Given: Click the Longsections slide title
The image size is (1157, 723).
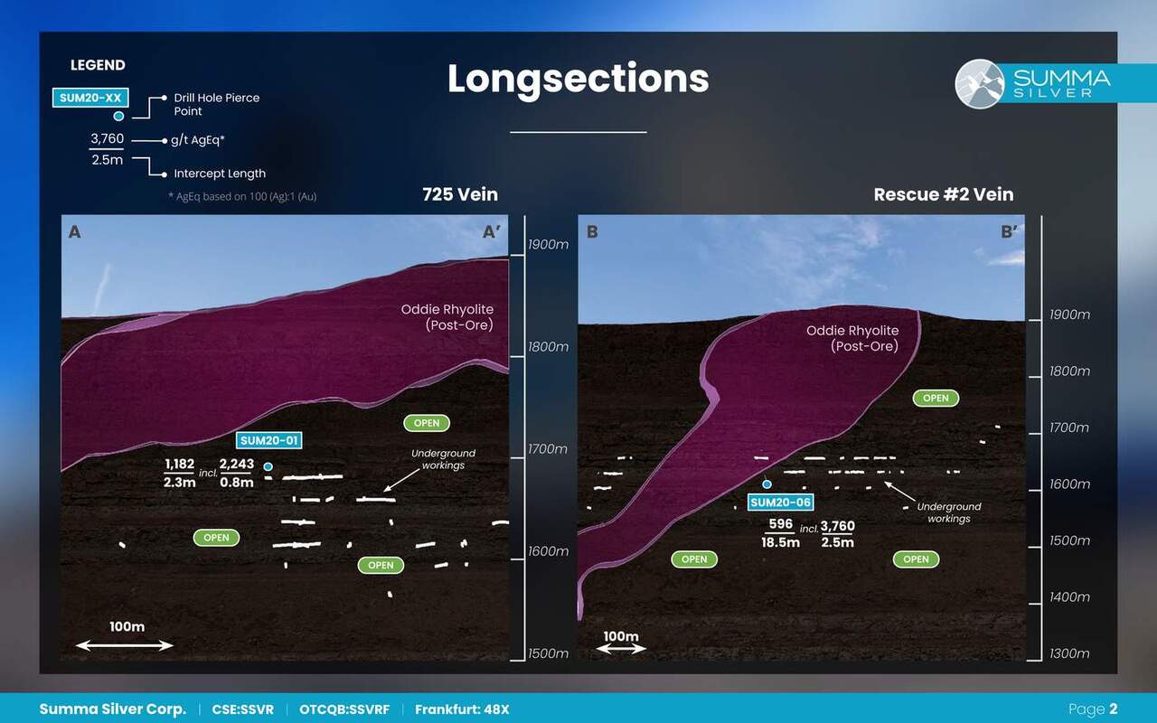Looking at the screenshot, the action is click(x=578, y=80).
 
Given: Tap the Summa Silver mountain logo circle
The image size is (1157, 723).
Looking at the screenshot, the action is click(x=979, y=84).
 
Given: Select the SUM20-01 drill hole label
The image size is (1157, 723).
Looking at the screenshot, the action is click(x=268, y=440).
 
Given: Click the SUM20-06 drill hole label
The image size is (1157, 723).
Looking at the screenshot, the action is click(x=780, y=502).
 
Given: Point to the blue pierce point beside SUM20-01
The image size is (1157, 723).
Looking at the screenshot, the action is click(x=268, y=467).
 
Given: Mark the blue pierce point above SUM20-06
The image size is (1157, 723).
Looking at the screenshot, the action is click(x=767, y=484).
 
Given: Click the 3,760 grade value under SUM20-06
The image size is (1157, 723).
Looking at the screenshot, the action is click(x=837, y=526).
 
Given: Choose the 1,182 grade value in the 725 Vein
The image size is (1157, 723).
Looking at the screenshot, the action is click(x=179, y=465).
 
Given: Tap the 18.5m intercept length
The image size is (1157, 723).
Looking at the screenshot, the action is click(x=780, y=542).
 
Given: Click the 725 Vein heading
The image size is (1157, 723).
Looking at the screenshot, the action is click(x=460, y=194).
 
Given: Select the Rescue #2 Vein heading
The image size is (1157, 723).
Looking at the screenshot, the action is click(x=944, y=194).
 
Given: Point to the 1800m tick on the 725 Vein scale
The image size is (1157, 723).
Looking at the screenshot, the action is click(x=517, y=356).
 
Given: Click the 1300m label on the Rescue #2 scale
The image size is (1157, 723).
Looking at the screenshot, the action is click(x=1069, y=653).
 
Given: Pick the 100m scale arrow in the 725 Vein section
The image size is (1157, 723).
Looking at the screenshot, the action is click(x=125, y=645).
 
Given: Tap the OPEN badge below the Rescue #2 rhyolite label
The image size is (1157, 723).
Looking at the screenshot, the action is click(x=936, y=399).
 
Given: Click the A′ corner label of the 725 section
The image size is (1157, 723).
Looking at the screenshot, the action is click(x=491, y=232).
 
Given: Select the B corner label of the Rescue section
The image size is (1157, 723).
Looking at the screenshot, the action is click(x=592, y=232).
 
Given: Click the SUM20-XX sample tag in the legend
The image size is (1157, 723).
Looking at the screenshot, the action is click(x=90, y=98).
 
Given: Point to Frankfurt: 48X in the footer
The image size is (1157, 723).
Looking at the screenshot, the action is click(x=462, y=709).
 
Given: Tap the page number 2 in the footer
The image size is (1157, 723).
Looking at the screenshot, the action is click(x=1113, y=709).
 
